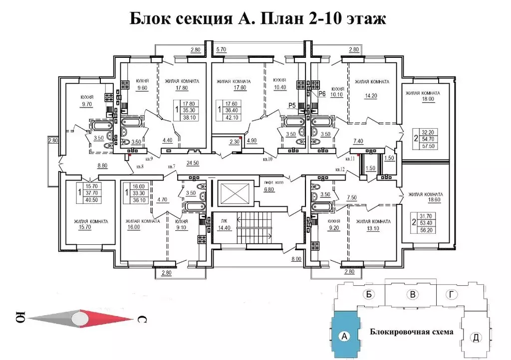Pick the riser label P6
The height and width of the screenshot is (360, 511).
click(x=322, y=93)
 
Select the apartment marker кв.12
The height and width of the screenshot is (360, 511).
click(x=340, y=170)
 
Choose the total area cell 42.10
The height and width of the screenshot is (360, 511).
click(x=231, y=118)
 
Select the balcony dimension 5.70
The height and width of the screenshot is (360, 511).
click(x=222, y=50)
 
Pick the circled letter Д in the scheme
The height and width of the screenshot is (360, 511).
click(x=476, y=338)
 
